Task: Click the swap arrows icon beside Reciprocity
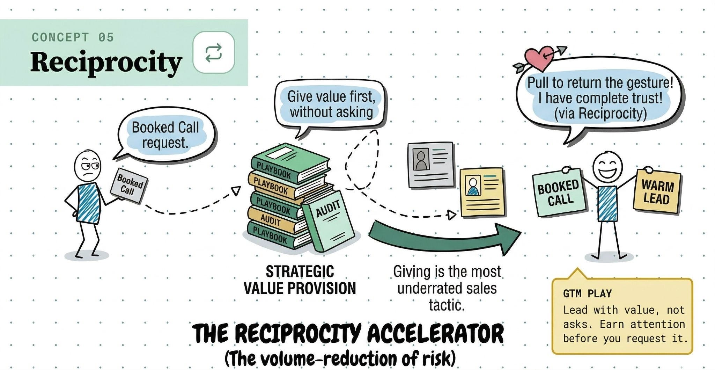pyautogui.click(x=214, y=52)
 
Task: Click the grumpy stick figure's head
pyautogui.click(x=88, y=166)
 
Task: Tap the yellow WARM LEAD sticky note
pyautogui.click(x=657, y=192)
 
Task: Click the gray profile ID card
pyautogui.click(x=431, y=164)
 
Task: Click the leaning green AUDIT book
pyautogui.click(x=327, y=222)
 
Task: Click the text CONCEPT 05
pyautogui.click(x=73, y=37)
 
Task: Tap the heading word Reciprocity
pyautogui.click(x=106, y=62)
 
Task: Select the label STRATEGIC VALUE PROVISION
pyautogui.click(x=300, y=280)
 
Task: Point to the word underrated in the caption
pyautogui.click(x=447, y=289)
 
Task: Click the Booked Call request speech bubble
pyautogui.click(x=165, y=135)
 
